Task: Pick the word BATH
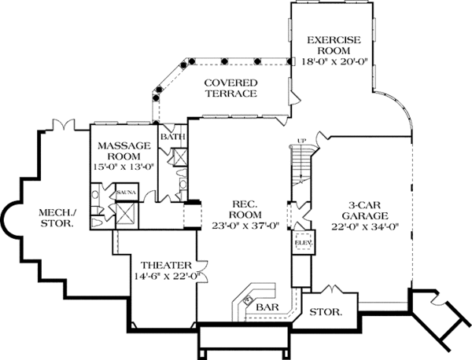pos(172,137)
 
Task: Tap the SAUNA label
pos(127,192)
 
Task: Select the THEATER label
pos(162,264)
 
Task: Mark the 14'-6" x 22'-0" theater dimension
pos(162,276)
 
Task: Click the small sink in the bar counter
pos(247,299)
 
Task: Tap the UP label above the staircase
pos(299,141)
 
